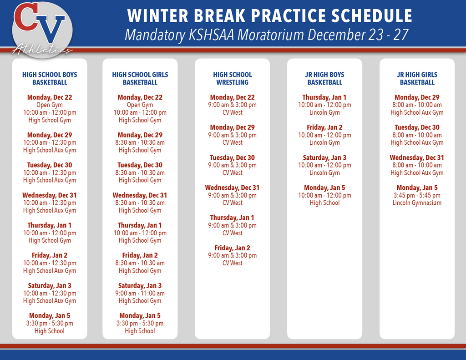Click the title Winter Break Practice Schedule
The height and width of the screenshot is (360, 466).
269,16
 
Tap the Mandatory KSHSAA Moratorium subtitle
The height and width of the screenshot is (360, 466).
266,35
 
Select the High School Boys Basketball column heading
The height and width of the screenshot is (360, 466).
50,78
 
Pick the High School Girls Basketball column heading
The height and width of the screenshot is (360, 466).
140,78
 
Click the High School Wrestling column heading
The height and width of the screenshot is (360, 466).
232,78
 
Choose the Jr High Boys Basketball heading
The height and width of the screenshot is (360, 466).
324,78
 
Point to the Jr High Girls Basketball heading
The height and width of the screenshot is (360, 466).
417,78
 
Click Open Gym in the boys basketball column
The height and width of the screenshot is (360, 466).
50,105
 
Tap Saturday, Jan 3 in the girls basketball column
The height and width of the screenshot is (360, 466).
140,285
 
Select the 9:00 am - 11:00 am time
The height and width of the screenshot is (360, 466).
140,293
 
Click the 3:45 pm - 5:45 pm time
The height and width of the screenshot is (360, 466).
417,195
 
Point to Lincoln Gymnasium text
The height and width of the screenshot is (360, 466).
417,203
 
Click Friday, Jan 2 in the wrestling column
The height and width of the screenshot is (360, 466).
232,248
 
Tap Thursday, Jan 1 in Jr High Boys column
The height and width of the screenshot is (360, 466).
324,97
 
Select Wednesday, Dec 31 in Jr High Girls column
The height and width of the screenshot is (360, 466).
417,157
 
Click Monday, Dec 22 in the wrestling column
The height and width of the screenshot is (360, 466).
232,97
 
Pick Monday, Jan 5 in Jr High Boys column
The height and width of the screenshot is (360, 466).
324,188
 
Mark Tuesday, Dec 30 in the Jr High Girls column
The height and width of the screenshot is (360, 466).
417,127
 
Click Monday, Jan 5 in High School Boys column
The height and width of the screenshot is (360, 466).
50,315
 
